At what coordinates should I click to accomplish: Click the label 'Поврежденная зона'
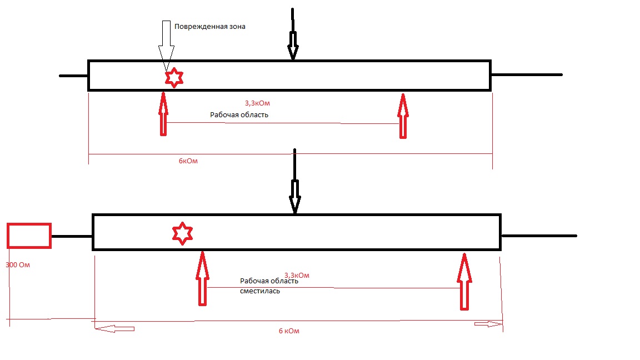(x=209, y=27)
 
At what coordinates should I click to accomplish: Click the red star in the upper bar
(x=174, y=78)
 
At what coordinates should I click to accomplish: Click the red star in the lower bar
(x=182, y=233)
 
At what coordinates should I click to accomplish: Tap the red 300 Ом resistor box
(x=29, y=235)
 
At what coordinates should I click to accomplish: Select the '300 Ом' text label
(x=17, y=265)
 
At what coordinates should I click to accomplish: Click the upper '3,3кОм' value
(x=261, y=103)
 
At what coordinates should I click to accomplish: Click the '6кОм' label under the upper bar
(x=188, y=161)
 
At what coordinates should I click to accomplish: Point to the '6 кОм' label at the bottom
(x=289, y=331)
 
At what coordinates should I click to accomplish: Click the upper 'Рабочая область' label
(x=239, y=115)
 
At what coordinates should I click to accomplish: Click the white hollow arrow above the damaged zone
(x=166, y=44)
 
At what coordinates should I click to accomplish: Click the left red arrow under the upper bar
(x=163, y=114)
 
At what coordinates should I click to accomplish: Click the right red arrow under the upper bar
(x=403, y=116)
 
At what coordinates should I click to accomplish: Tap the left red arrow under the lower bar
(x=202, y=278)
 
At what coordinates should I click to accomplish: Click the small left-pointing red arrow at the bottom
(x=114, y=329)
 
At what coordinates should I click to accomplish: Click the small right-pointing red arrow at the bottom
(x=487, y=324)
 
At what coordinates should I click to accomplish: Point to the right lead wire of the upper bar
(x=527, y=74)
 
